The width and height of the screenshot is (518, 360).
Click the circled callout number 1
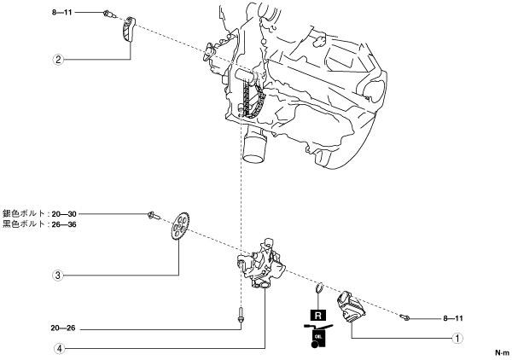click(x=458, y=337)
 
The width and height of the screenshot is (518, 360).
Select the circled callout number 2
click(x=57, y=60)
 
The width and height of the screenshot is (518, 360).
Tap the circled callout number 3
click(x=57, y=275)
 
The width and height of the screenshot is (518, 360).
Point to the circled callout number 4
click(x=57, y=348)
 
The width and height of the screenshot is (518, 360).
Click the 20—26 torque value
click(x=63, y=326)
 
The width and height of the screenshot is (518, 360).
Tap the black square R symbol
click(x=318, y=315)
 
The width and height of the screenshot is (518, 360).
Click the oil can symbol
click(x=318, y=334)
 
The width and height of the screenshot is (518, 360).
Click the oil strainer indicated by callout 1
click(x=351, y=307)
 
